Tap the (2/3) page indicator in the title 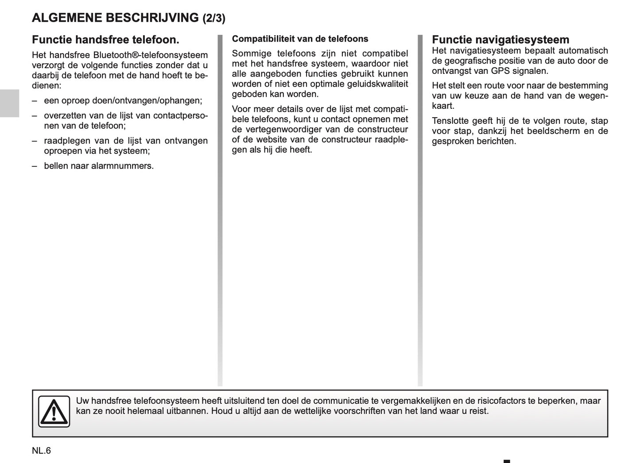(x=214, y=19)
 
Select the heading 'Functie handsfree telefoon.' (x=105, y=40)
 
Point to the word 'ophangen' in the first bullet (x=182, y=101)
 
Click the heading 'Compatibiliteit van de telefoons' (x=300, y=39)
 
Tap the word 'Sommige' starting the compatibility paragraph (x=252, y=54)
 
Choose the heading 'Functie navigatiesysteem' (x=500, y=40)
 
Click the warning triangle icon (x=54, y=412)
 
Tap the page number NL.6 (x=42, y=451)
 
